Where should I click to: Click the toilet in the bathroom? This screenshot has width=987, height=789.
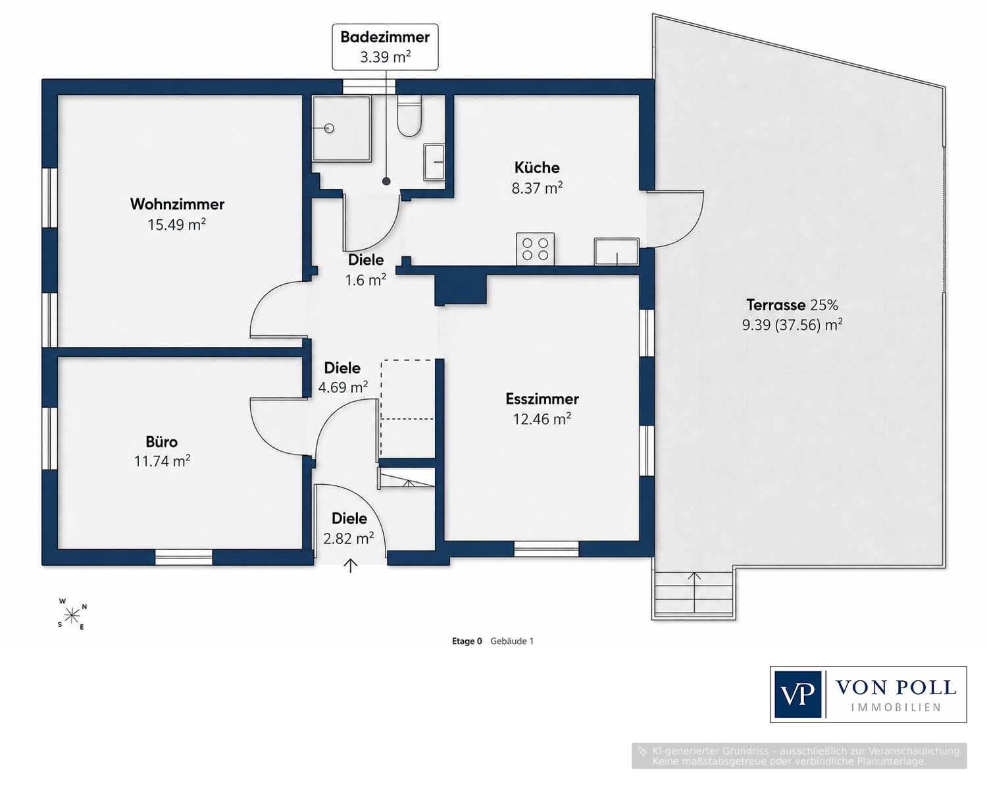(x=409, y=116)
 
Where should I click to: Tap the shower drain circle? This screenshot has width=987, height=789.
(x=329, y=128)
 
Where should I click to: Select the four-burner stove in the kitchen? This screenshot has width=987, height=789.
(x=535, y=249)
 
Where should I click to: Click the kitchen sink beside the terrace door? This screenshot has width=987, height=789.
(x=617, y=252)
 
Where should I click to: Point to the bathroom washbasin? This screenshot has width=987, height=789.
(x=434, y=162)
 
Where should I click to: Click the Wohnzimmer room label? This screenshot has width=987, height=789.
(x=177, y=204)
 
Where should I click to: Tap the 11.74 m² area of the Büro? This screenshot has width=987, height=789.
(x=162, y=461)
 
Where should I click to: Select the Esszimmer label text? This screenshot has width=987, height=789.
(x=542, y=399)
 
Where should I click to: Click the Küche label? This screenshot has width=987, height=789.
(x=537, y=167)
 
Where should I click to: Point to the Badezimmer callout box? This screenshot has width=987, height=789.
(x=385, y=47)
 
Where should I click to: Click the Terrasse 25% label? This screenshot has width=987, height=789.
(x=792, y=305)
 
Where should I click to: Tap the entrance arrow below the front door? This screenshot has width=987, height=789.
(x=351, y=566)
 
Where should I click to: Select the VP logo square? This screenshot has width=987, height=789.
(x=797, y=694)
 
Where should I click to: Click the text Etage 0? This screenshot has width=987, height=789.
(x=467, y=641)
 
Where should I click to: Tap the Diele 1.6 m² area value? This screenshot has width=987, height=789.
(x=366, y=279)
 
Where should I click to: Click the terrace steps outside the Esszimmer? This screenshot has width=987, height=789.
(x=694, y=594)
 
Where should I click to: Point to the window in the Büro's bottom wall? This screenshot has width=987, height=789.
(x=184, y=557)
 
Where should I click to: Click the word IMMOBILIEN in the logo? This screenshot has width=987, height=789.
(x=896, y=708)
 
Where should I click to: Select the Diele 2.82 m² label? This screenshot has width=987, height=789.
(x=349, y=528)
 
